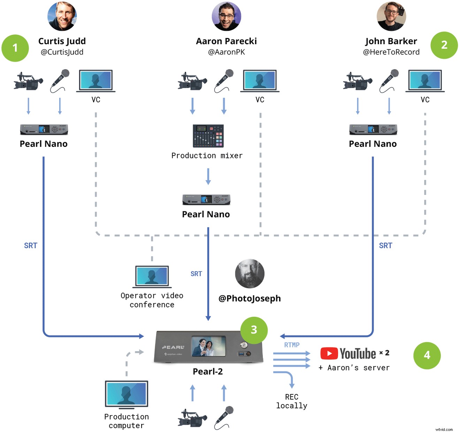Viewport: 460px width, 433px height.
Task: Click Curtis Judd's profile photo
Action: click(x=62, y=16)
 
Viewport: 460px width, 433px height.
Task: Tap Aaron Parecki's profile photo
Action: click(x=227, y=16)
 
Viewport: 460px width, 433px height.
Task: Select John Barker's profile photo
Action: click(x=391, y=16)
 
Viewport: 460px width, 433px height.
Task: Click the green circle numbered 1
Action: click(x=15, y=48)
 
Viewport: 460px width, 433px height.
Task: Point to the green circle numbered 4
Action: click(x=427, y=355)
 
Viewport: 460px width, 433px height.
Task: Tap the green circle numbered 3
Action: click(x=254, y=330)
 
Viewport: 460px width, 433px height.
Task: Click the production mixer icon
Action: click(x=208, y=136)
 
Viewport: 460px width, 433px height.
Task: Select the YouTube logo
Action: click(x=348, y=354)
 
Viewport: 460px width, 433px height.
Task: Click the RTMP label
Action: click(x=292, y=345)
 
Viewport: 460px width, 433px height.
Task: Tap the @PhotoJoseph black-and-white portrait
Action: click(x=250, y=274)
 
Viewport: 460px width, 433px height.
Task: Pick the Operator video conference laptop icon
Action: click(x=152, y=277)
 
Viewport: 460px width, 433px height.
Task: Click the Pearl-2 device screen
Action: click(x=208, y=346)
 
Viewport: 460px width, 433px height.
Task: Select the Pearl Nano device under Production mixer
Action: click(x=206, y=199)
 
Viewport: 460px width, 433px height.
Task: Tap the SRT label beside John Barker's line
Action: click(x=385, y=246)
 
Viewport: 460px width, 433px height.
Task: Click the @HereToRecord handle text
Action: click(x=391, y=52)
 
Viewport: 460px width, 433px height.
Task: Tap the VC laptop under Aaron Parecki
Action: click(x=260, y=81)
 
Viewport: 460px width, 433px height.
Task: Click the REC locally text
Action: click(x=292, y=401)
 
